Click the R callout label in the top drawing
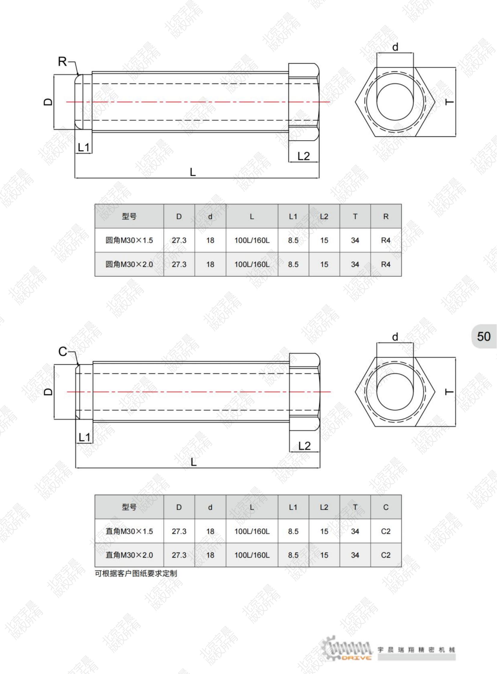[x=62, y=62]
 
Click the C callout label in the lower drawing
[x=63, y=351]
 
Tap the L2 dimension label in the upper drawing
[x=303, y=156]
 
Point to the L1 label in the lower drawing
[x=84, y=437]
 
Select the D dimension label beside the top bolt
[x=48, y=102]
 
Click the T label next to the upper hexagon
[x=449, y=102]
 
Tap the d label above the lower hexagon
[x=395, y=337]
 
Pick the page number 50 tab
[x=483, y=336]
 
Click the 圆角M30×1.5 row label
[x=129, y=240]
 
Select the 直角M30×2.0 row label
[x=129, y=555]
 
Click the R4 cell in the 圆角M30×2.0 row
[x=386, y=264]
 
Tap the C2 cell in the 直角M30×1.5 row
[x=386, y=531]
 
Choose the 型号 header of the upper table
[x=129, y=216]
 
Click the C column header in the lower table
[x=386, y=507]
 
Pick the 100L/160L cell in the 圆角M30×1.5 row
[x=252, y=240]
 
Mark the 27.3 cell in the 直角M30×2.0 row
[x=179, y=555]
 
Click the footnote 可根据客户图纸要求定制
[x=136, y=573]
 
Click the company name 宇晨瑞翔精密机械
[x=416, y=650]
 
